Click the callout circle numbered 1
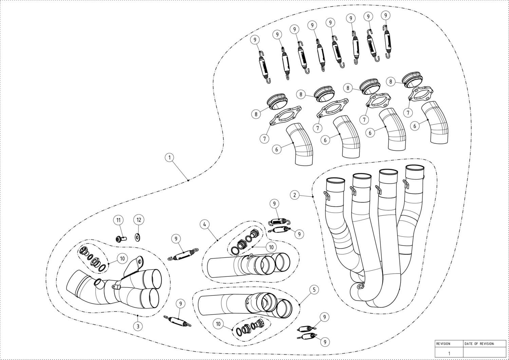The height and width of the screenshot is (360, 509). pos(170,157)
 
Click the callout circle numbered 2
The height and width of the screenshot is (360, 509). pos(295,195)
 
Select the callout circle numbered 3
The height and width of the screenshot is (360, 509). pos(137,326)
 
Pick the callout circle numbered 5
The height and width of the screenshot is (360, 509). pos(314,289)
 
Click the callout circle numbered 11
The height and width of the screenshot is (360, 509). pos(118,220)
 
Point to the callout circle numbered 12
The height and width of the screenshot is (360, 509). pos(138,220)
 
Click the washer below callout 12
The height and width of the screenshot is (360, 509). pos(138,237)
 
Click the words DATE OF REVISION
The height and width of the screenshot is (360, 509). pos(479,344)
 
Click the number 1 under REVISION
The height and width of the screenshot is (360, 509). pos(449,353)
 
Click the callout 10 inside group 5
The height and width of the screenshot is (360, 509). pos(218,324)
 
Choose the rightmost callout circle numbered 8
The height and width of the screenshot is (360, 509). pos(391,82)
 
